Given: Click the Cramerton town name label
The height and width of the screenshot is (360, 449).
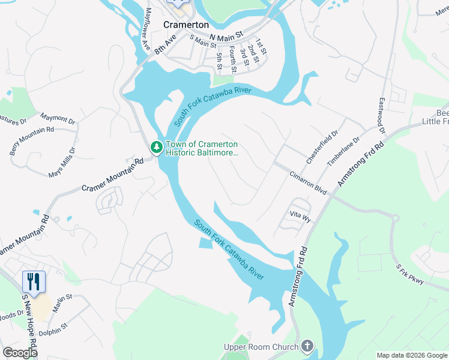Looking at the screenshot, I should tap(186, 25).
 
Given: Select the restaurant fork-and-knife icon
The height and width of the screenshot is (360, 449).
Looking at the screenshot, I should tap(33, 281).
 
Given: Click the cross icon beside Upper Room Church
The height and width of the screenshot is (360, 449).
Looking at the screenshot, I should tap(307, 346).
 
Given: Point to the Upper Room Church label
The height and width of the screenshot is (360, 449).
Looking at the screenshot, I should tap(261, 347).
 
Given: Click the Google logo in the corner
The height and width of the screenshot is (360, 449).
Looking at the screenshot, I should tap(20, 353).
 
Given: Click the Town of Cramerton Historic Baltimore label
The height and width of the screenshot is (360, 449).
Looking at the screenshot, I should tap(202, 149).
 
